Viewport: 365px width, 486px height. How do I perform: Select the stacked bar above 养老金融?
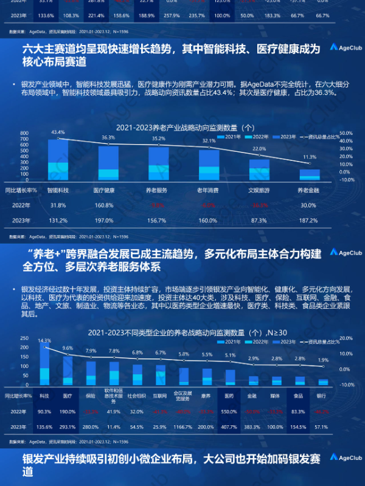click(x=309, y=174)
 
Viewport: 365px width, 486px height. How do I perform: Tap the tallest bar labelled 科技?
click(x=44, y=365)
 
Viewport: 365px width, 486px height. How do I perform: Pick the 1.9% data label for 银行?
click(x=323, y=361)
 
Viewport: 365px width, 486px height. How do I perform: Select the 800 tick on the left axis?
click(x=25, y=132)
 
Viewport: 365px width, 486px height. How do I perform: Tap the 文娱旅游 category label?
click(x=259, y=190)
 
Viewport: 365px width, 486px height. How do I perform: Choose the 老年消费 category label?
click(x=208, y=190)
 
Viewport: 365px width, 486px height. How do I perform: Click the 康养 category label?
click(x=207, y=395)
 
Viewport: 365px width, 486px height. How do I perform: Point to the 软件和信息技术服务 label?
click(x=114, y=395)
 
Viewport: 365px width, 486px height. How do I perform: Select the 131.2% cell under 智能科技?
click(x=58, y=220)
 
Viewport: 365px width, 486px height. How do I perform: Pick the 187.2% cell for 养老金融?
click(x=309, y=220)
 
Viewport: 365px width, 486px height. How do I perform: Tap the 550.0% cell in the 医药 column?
click(x=230, y=411)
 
